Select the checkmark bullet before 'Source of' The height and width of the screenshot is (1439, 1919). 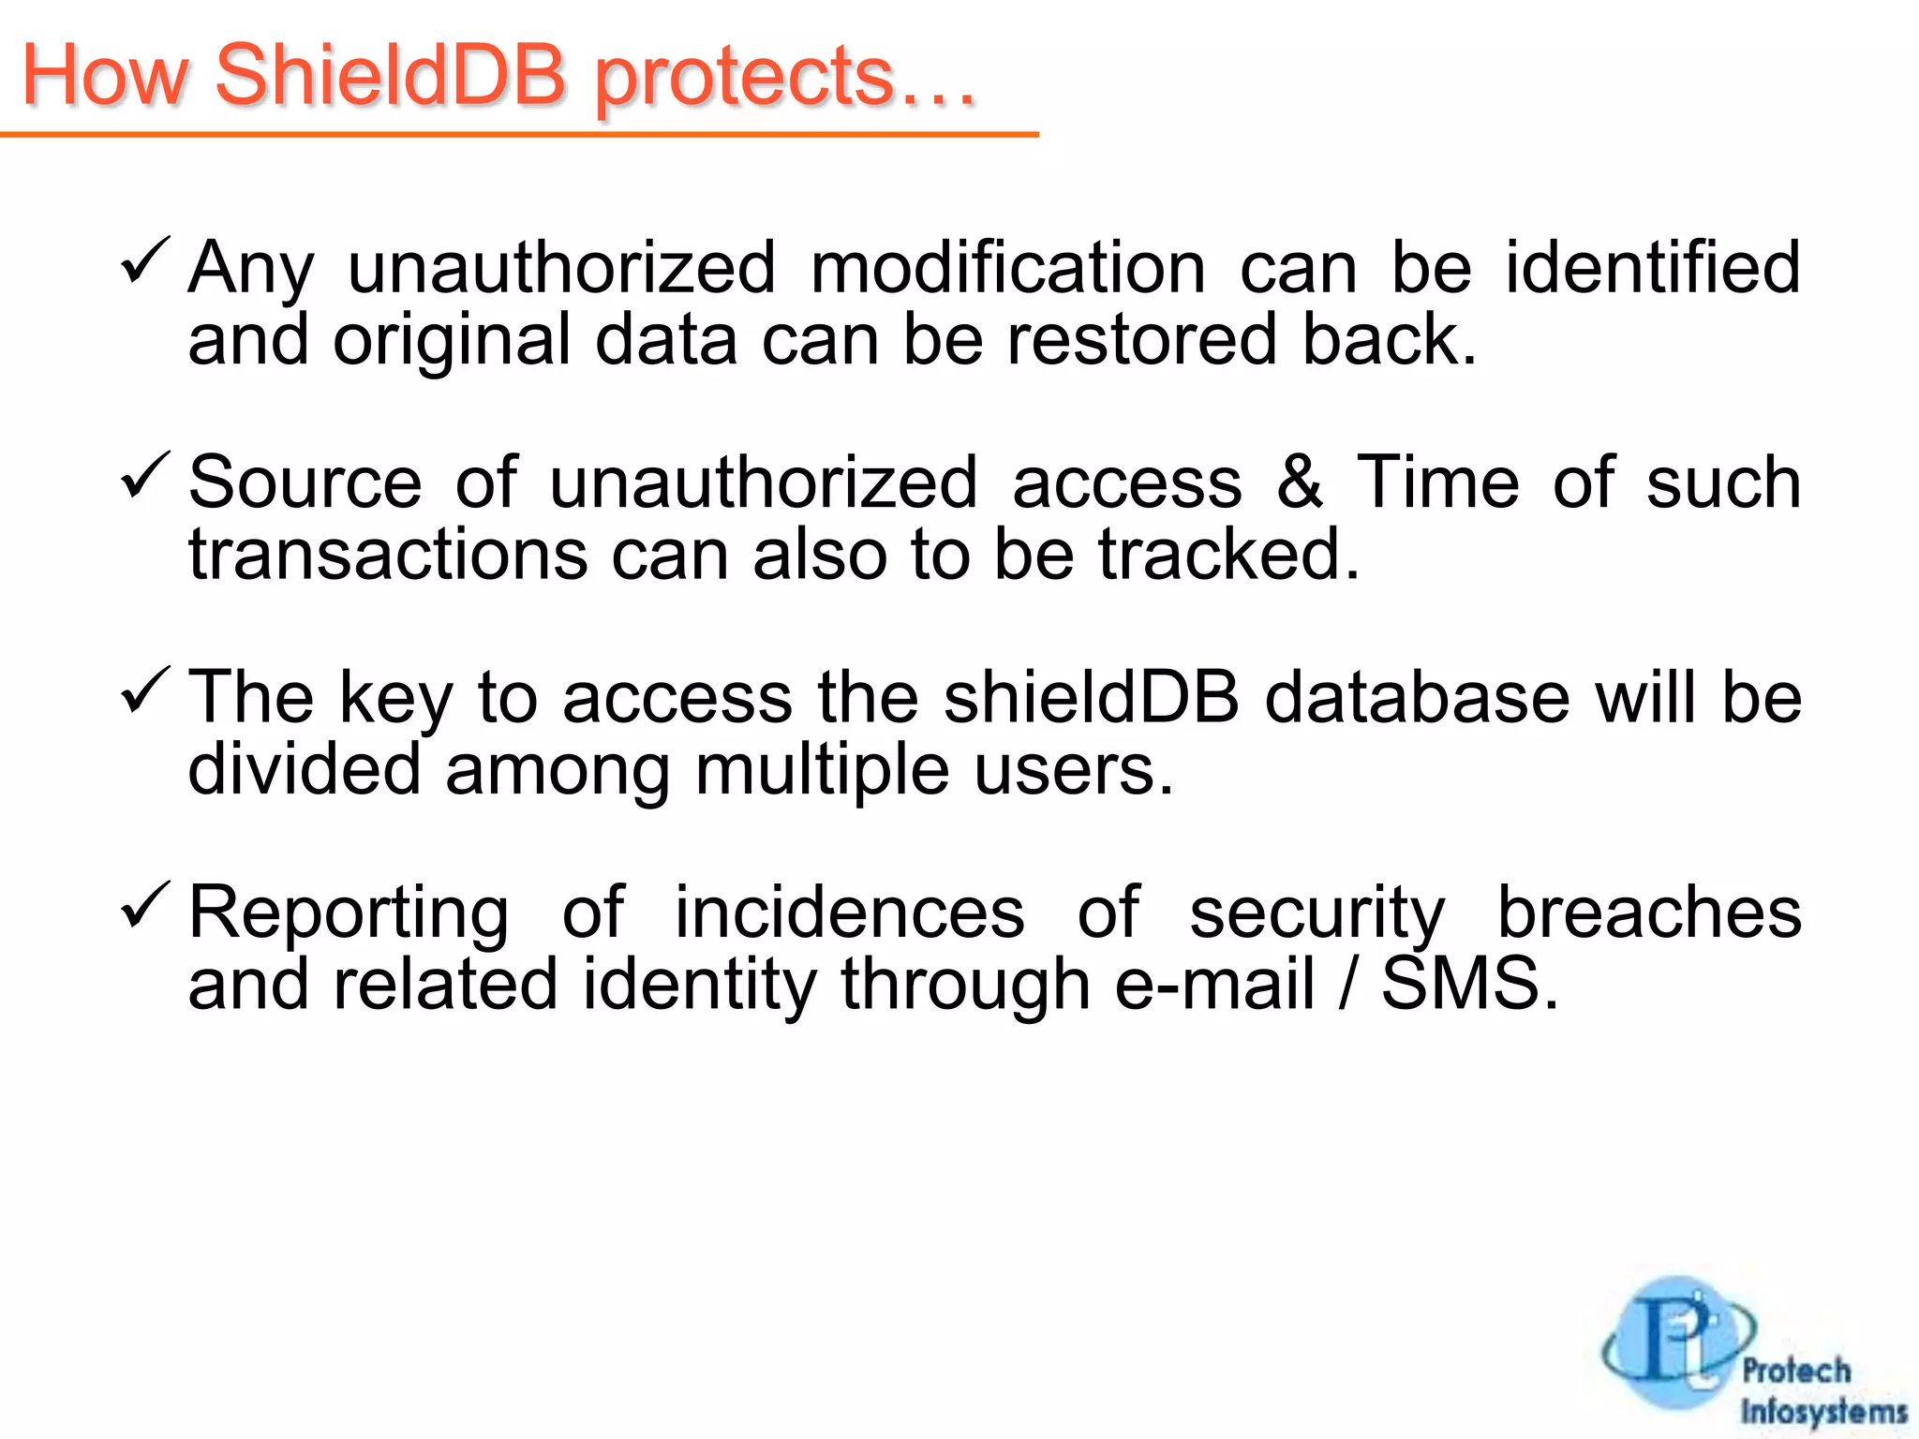[145, 475]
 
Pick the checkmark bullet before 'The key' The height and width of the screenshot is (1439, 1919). [145, 690]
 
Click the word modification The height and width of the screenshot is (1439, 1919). [1008, 268]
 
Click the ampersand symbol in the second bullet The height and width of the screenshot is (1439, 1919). [1300, 482]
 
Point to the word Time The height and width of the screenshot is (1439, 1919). [1437, 482]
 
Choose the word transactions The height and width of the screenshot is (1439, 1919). [388, 555]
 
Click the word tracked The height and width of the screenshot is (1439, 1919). [1228, 555]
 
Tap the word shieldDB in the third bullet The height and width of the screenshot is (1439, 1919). [1091, 698]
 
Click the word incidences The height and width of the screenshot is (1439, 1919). [849, 912]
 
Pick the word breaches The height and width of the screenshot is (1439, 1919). [1649, 912]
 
